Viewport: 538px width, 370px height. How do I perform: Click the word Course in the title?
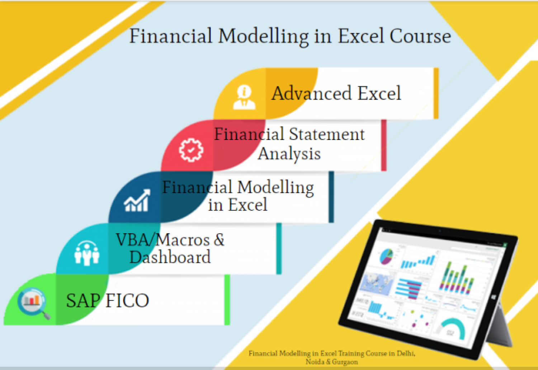pos(420,36)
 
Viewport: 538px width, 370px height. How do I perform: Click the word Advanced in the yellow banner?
pos(311,93)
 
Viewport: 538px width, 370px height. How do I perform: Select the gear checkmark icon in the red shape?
pos(191,150)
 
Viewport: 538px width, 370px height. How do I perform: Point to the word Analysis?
pos(289,154)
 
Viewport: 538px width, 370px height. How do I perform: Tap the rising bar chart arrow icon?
pos(137,201)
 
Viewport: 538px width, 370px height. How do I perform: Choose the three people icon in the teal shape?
pos(86,253)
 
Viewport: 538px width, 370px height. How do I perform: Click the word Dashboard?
pos(170,257)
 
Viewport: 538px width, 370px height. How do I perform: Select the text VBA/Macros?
pos(162,239)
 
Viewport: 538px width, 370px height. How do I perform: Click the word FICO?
pos(127,301)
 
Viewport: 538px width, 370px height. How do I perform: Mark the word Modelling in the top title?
pos(263,36)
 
